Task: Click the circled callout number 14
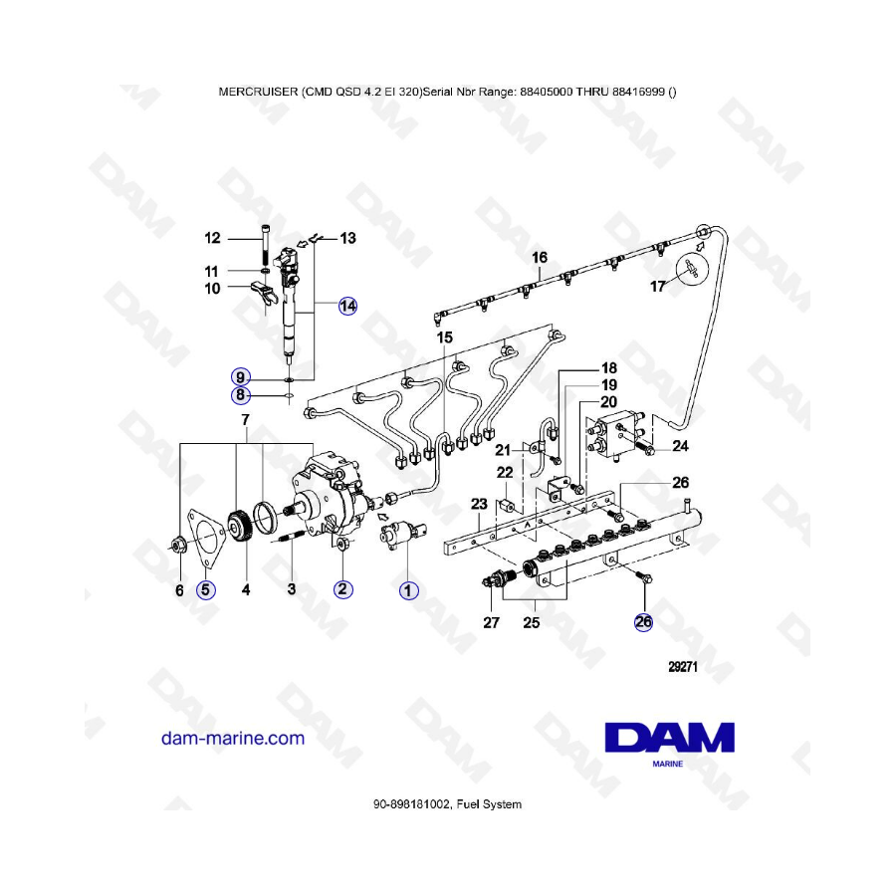click(347, 307)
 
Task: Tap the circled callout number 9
click(241, 377)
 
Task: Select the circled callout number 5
click(206, 589)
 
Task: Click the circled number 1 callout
click(408, 590)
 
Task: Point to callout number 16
click(540, 258)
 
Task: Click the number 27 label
click(492, 622)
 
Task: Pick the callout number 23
click(479, 504)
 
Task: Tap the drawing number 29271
click(683, 666)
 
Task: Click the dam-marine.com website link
click(233, 738)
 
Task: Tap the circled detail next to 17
click(692, 269)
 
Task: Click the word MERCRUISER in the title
click(258, 92)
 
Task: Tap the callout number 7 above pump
click(246, 420)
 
